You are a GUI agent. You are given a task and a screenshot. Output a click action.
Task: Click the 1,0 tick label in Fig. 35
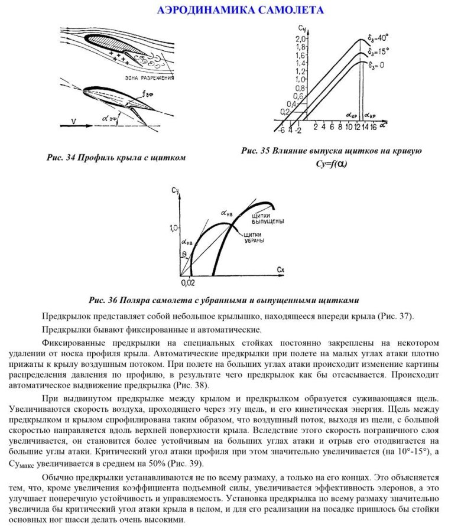coord(284,79)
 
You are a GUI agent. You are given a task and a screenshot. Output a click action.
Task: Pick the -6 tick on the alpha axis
coord(282,129)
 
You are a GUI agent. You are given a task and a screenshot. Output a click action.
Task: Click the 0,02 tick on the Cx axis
coord(187,283)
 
